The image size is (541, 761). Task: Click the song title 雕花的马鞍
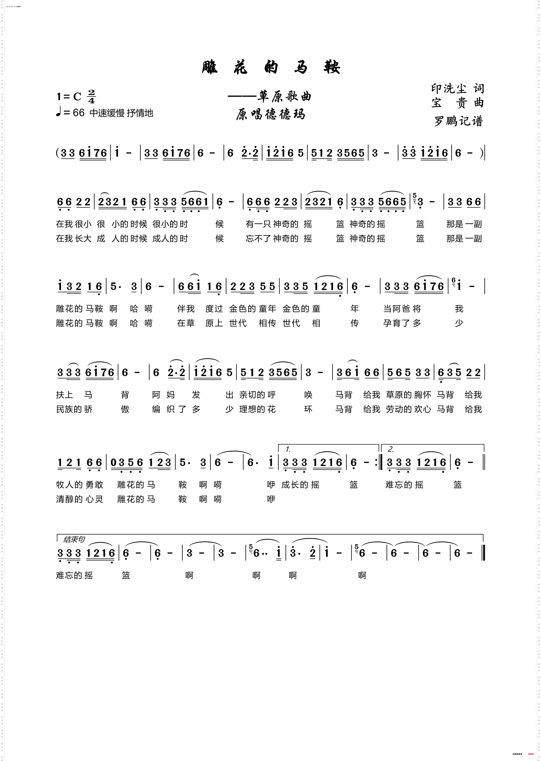tap(270, 67)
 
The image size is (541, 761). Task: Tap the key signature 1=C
tap(69, 97)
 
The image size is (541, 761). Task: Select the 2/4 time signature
tap(91, 96)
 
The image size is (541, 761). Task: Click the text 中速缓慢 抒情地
tap(121, 113)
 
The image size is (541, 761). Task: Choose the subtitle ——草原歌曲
tap(269, 97)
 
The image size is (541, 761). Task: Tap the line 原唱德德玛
tap(270, 114)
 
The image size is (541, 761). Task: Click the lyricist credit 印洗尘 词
tap(457, 89)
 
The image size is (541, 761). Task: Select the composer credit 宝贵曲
tap(457, 103)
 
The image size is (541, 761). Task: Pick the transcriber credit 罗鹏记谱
tap(458, 121)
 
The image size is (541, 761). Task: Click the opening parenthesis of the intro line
tap(58, 153)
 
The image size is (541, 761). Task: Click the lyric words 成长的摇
tap(300, 485)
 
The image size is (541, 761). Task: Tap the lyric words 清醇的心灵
tap(80, 499)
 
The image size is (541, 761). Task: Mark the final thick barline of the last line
tap(483, 553)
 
